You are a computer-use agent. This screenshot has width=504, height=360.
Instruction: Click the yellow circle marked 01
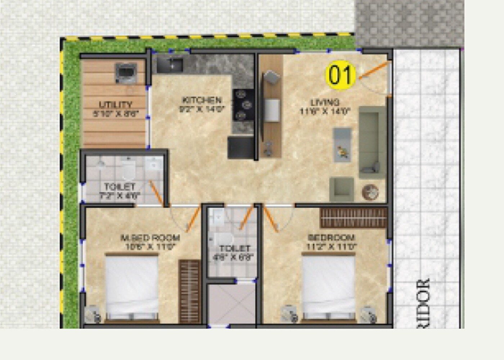[341, 75]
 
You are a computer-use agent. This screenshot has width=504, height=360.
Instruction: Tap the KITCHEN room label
[202, 100]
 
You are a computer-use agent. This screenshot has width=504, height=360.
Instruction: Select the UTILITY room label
[115, 105]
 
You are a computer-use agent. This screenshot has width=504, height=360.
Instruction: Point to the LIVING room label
[325, 102]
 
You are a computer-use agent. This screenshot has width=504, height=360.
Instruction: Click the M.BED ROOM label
[150, 238]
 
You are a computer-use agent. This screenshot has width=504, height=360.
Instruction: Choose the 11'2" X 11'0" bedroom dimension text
[331, 247]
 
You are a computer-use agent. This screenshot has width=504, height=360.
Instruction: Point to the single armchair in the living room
[341, 189]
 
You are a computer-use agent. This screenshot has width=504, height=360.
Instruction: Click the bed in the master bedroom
[132, 286]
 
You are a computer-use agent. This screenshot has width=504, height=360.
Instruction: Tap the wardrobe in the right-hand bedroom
[353, 217]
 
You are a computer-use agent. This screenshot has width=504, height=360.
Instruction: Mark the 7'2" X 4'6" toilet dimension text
[120, 196]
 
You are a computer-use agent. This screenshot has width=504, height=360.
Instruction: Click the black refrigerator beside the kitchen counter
[241, 148]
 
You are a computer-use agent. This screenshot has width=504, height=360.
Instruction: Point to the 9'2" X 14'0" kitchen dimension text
[202, 109]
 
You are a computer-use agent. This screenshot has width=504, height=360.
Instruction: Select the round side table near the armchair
[370, 192]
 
